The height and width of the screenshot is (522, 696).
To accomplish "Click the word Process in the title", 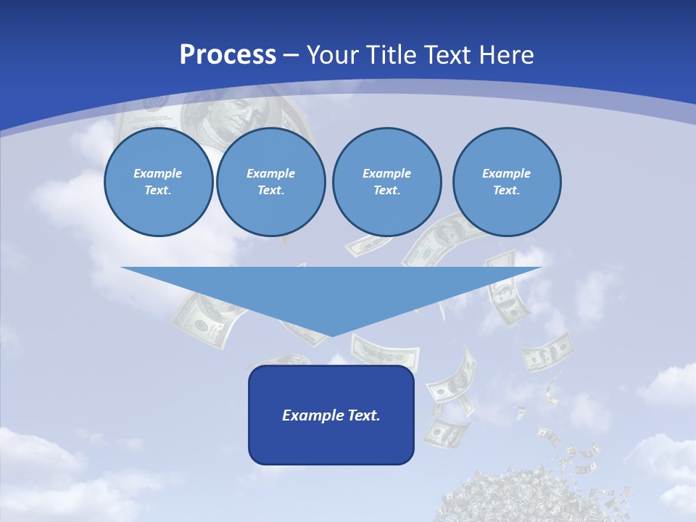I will point(228,55).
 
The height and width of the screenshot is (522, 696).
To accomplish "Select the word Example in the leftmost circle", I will point(158,173).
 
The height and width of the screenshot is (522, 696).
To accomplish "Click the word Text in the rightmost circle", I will point(506,191).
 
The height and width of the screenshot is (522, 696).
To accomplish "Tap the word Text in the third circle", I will point(386,191).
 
